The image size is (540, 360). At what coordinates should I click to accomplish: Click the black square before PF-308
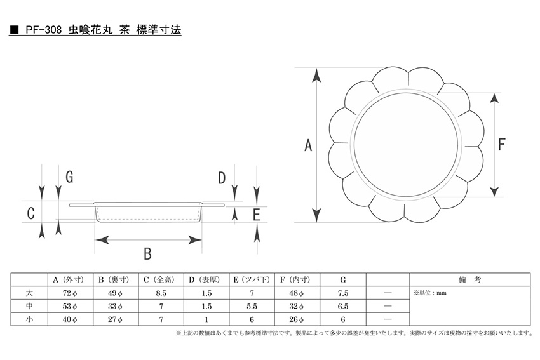pyautogui.click(x=14, y=30)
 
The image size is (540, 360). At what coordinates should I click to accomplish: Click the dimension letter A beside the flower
pyautogui.click(x=308, y=145)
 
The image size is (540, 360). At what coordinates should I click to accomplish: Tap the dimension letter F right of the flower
pyautogui.click(x=502, y=145)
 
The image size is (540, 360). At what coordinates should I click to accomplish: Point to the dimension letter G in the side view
pyautogui.click(x=70, y=177)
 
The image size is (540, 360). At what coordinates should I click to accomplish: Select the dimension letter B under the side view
pyautogui.click(x=148, y=254)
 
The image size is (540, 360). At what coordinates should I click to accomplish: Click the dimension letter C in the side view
pyautogui.click(x=30, y=213)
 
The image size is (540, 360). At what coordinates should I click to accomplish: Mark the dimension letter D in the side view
pyautogui.click(x=222, y=178)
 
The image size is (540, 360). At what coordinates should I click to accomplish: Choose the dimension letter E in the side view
pyautogui.click(x=256, y=215)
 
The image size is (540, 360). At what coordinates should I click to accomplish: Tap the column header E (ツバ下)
pyautogui.click(x=252, y=280)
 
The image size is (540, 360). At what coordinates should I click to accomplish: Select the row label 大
pyautogui.click(x=29, y=293)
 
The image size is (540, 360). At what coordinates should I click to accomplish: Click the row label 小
pyautogui.click(x=29, y=319)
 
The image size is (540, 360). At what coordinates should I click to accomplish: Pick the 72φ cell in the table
pyautogui.click(x=70, y=293)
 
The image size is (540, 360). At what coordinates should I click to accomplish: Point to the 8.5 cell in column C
pyautogui.click(x=161, y=293)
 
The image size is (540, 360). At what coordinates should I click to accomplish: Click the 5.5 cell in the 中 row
pyautogui.click(x=252, y=306)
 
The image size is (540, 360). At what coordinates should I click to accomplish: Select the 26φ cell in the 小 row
pyautogui.click(x=297, y=319)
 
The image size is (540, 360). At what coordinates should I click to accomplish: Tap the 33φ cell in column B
pyautogui.click(x=115, y=306)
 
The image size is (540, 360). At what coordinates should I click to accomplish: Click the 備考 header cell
pyautogui.click(x=469, y=280)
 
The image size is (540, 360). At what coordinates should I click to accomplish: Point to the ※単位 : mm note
pyautogui.click(x=430, y=293)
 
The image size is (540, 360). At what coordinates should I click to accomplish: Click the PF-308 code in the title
pyautogui.click(x=44, y=30)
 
